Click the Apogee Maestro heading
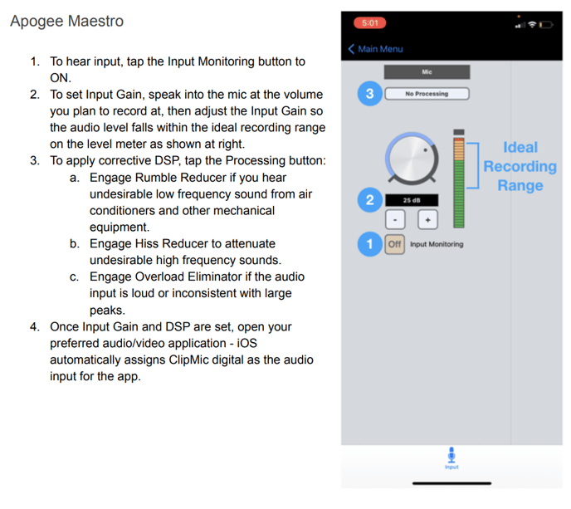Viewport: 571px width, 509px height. [67, 21]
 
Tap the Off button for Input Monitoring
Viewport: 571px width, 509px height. [395, 244]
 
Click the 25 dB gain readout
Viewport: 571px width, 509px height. [412, 200]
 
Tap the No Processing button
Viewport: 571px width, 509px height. [427, 94]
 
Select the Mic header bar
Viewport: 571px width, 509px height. [427, 71]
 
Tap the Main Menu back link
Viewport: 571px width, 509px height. [375, 49]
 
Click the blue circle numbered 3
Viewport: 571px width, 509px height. [369, 94]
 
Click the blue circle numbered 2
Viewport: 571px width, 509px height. [369, 199]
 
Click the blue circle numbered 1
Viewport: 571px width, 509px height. [369, 244]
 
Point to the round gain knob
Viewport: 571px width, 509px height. [412, 158]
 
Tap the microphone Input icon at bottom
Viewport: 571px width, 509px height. [451, 458]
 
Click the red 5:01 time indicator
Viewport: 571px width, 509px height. [369, 23]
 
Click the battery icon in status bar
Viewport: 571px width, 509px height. [546, 25]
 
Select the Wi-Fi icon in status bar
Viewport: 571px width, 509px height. [532, 24]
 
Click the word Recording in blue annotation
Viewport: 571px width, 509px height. [520, 167]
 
